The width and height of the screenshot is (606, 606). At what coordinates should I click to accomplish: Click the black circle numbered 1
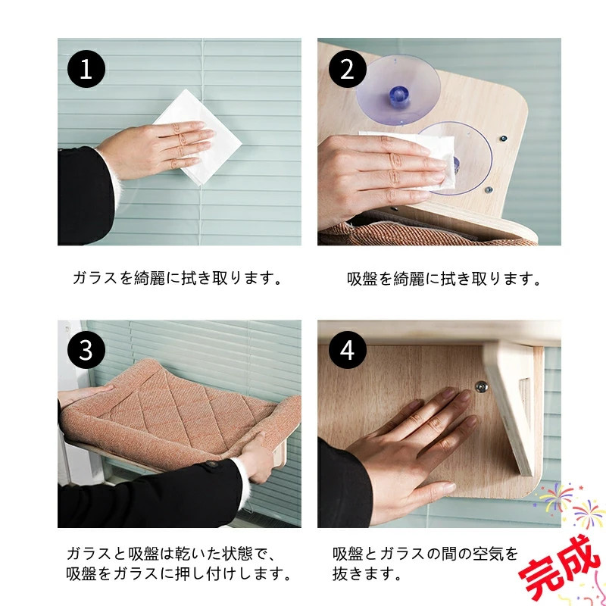tap(86, 69)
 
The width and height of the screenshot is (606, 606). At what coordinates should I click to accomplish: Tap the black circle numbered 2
tap(348, 69)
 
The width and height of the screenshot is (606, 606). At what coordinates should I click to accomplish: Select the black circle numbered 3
tap(86, 350)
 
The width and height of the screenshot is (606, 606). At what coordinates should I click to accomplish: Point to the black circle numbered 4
tap(348, 350)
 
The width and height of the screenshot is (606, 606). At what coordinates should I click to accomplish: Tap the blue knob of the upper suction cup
tap(398, 96)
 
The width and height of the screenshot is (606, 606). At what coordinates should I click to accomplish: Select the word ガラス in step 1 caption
tap(95, 278)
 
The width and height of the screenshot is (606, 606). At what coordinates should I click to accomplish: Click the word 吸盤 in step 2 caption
tap(362, 279)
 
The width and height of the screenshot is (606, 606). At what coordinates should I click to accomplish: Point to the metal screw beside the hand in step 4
tap(481, 386)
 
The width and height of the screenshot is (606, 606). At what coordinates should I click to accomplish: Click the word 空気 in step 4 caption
tap(487, 554)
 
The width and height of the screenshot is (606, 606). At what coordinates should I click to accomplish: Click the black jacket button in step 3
tap(211, 464)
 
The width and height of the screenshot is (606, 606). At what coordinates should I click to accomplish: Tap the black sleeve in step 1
tap(86, 196)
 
